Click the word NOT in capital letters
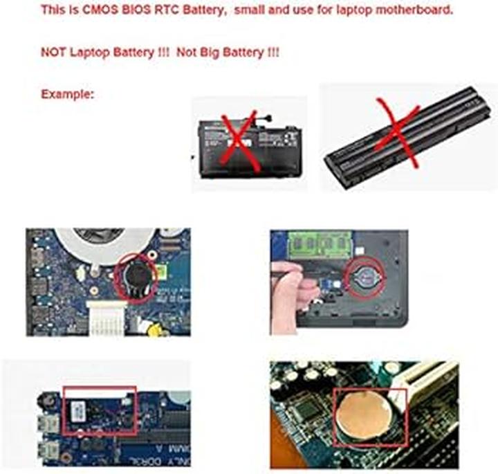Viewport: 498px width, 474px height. (53, 53)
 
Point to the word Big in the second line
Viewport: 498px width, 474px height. (209, 53)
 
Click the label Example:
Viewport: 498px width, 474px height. (67, 94)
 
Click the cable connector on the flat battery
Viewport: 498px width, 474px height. (264, 115)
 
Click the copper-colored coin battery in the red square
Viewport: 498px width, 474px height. (362, 416)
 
